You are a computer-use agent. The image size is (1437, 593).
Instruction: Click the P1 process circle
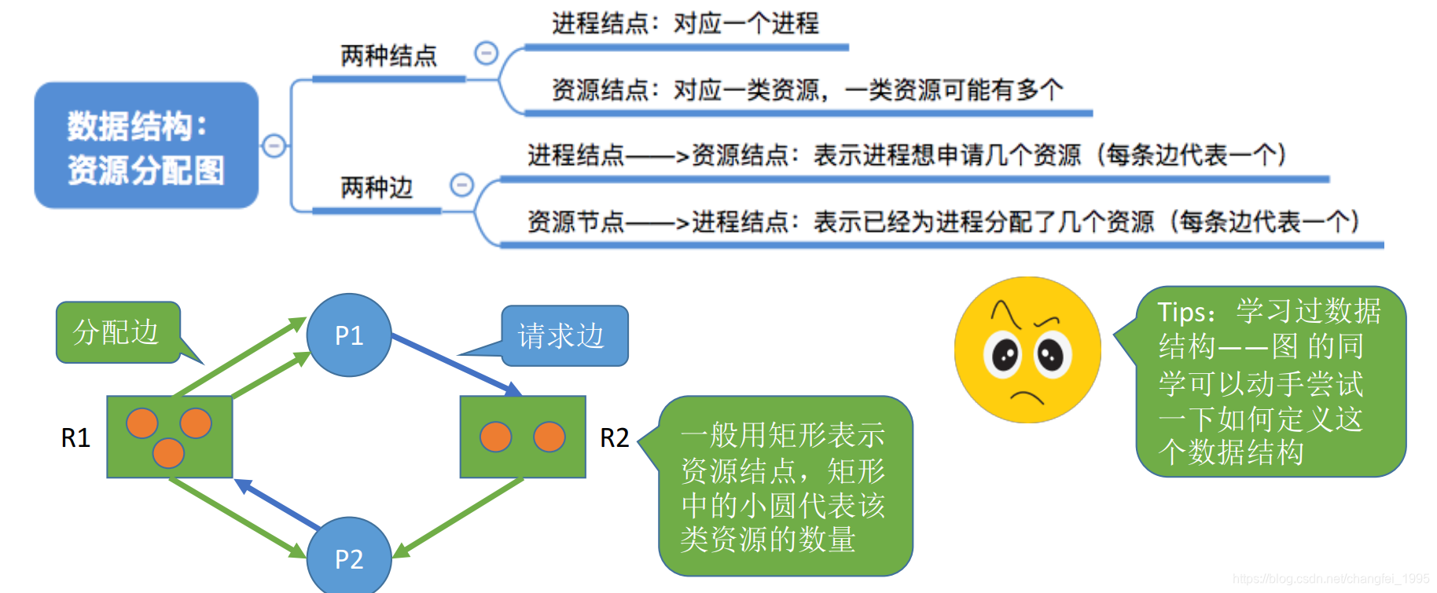coord(348,335)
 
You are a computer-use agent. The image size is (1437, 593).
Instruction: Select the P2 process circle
coord(348,557)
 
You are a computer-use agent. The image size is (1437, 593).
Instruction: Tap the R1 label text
coord(75,437)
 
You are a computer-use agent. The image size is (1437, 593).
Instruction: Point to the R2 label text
coord(614,437)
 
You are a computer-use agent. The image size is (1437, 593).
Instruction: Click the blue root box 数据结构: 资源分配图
coord(146,146)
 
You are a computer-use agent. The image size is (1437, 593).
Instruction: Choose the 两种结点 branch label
coord(388,56)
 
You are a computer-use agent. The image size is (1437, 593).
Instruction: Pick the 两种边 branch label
coord(377,188)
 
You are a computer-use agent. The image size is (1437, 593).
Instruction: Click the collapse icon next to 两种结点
coord(487,53)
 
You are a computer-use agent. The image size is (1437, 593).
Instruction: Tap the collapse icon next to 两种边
coord(461,185)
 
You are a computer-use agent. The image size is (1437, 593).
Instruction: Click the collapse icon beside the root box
coord(274,145)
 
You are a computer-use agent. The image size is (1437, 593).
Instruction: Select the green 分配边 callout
coord(117,332)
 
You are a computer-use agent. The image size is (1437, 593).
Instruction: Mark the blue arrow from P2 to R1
coord(277,503)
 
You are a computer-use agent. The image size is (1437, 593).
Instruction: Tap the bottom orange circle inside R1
coord(168,452)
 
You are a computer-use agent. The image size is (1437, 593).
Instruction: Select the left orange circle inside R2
coord(495,437)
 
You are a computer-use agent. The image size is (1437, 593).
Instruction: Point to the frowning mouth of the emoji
coord(1026,395)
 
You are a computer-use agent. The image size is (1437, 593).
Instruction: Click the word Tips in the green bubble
coord(1185,313)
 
